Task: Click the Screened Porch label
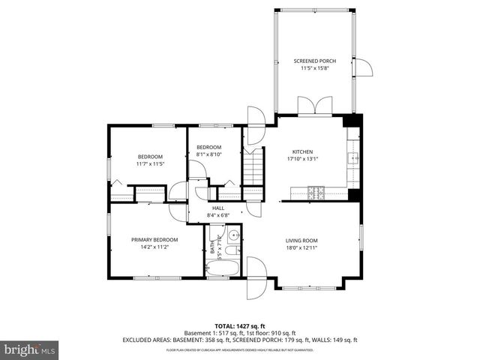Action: [314, 61]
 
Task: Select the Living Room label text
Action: [302, 241]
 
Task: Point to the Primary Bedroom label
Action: [154, 239]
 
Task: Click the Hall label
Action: [218, 208]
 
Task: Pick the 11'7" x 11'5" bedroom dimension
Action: [150, 163]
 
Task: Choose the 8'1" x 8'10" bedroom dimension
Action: [209, 154]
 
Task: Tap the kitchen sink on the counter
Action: [353, 158]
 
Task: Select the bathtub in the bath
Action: [222, 268]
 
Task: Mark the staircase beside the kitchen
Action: [254, 166]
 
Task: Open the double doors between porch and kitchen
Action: [310, 106]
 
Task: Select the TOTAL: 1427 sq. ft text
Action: [240, 325]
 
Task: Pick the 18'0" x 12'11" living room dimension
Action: [302, 247]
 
